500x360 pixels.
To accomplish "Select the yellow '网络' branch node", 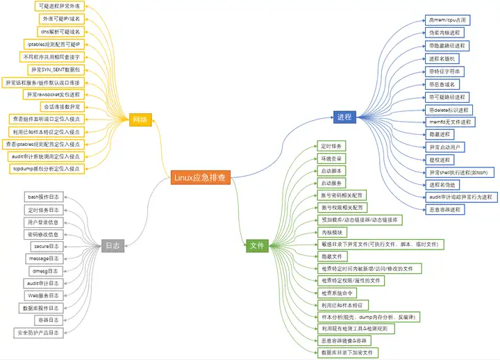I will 140,120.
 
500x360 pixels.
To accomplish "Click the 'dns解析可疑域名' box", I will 61,31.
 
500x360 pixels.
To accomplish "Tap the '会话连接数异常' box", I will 62,107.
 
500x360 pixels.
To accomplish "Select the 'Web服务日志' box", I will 44,295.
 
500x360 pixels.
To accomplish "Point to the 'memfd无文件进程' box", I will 449,122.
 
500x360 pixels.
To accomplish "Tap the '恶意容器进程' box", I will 445,209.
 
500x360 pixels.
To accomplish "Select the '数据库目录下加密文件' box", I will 351,353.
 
